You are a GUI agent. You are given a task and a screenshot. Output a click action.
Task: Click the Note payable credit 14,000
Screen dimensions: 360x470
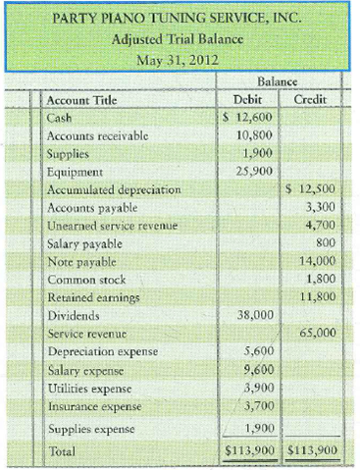316,261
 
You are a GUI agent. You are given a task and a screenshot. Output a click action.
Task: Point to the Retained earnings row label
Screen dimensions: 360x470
92,297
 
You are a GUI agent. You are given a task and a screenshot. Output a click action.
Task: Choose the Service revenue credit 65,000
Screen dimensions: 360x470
316,333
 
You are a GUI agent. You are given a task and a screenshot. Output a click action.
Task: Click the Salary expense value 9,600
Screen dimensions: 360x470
259,369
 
